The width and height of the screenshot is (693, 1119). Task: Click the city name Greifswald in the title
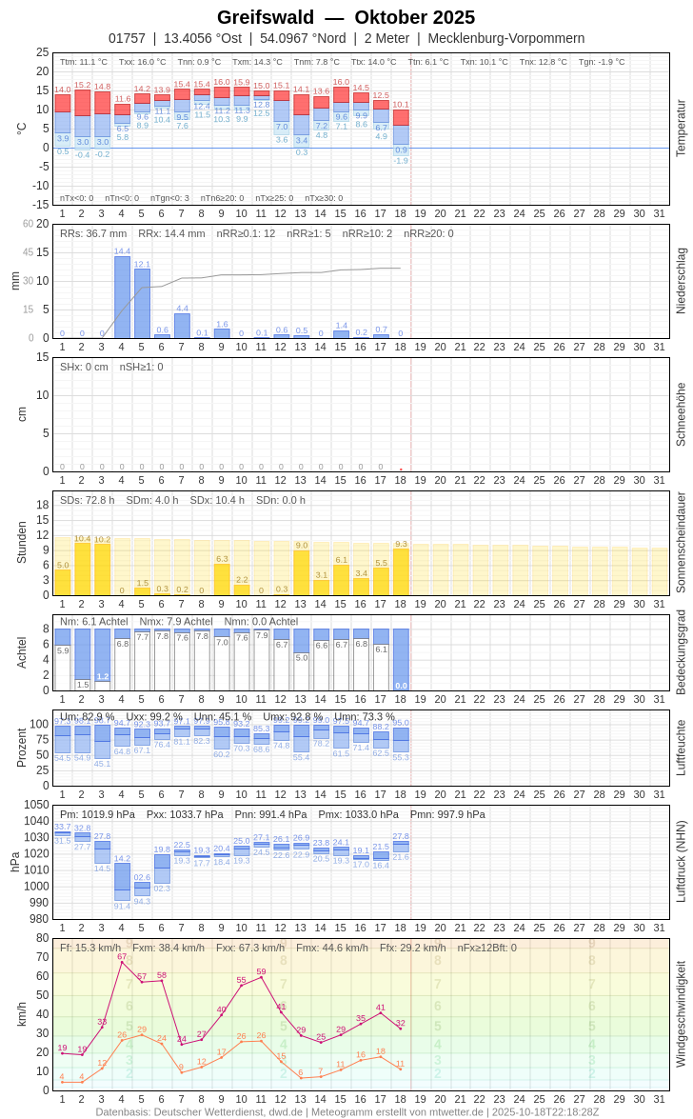click(266, 17)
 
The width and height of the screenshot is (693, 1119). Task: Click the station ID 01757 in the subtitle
click(127, 38)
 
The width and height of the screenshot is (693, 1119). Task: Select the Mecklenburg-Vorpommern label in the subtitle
click(506, 38)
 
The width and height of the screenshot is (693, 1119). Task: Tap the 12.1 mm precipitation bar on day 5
click(142, 304)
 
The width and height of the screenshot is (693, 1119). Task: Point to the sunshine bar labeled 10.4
click(83, 569)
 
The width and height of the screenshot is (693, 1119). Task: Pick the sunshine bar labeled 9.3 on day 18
click(401, 571)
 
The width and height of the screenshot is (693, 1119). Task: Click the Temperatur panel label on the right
click(681, 129)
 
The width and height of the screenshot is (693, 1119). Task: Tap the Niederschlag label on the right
click(681, 281)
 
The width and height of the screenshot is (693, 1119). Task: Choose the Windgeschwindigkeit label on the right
click(681, 1014)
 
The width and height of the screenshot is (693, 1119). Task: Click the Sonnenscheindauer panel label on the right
click(681, 543)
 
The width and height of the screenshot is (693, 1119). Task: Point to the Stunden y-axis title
click(21, 543)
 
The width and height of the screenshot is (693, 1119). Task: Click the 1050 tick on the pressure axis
click(37, 805)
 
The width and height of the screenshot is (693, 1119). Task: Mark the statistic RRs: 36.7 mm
click(93, 233)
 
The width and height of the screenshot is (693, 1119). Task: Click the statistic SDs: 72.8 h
click(88, 500)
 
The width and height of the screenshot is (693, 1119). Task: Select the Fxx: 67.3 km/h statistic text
click(250, 948)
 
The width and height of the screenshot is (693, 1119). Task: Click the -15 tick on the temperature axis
click(39, 204)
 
